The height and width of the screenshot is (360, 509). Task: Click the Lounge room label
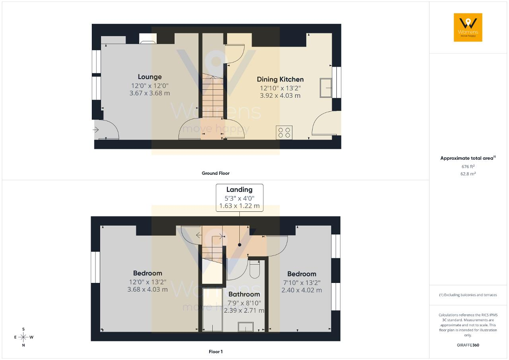[x=150, y=77]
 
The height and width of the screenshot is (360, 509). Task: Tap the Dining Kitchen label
[x=280, y=79]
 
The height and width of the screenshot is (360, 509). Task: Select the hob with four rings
[x=284, y=133]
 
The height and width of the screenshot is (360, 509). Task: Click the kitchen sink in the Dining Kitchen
[x=326, y=88]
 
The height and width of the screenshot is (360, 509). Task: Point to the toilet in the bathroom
[x=255, y=269]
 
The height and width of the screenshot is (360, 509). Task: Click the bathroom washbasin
[x=246, y=327]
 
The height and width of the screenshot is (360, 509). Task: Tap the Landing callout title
[x=239, y=190]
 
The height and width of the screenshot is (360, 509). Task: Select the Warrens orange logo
[x=468, y=27]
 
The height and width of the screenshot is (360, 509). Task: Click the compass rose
[x=23, y=337]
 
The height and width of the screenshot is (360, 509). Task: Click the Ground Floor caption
[x=216, y=173]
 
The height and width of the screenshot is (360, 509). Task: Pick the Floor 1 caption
[x=216, y=352]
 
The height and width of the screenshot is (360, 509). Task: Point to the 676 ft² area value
[x=468, y=166]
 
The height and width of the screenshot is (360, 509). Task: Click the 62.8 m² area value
[x=468, y=174]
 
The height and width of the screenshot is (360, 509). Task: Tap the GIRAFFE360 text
[x=468, y=345]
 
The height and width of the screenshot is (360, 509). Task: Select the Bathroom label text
[x=244, y=294]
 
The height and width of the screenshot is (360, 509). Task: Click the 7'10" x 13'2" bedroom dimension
[x=302, y=283]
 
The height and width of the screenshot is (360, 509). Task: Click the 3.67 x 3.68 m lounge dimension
[x=150, y=93]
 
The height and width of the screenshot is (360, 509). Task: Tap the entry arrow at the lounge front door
[x=96, y=130]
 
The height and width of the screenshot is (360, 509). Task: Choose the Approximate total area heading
[x=468, y=158]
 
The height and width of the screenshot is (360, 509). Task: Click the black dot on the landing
[x=239, y=245]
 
